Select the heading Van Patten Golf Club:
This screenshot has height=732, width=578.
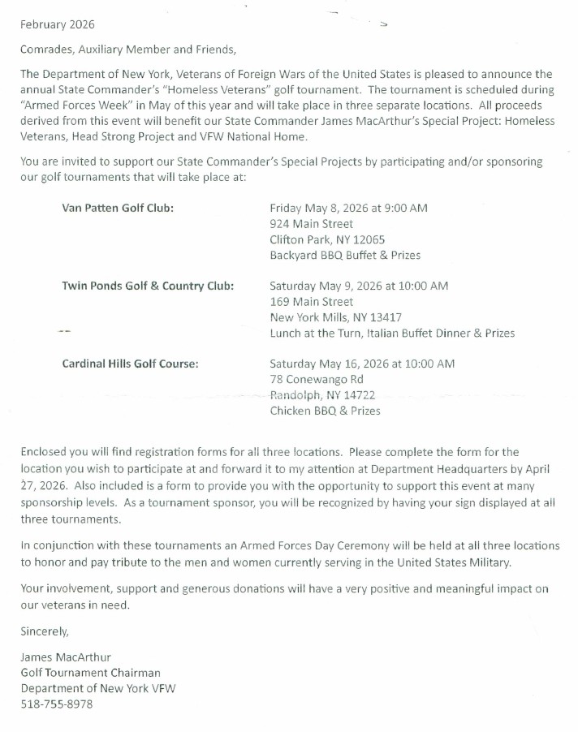pyautogui.click(x=118, y=208)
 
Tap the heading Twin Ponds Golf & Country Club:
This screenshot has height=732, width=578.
pyautogui.click(x=148, y=286)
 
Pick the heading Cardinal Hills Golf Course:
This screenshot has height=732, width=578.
pyautogui.click(x=130, y=364)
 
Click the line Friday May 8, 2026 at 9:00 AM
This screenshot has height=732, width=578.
pyautogui.click(x=348, y=208)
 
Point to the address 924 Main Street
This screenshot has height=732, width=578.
pyautogui.click(x=311, y=223)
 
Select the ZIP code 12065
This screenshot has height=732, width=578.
pyautogui.click(x=365, y=239)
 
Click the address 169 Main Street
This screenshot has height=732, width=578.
pyautogui.click(x=311, y=301)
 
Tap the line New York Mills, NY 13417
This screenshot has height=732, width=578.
pyautogui.click(x=335, y=317)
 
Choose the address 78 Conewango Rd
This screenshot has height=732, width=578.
pyautogui.click(x=317, y=379)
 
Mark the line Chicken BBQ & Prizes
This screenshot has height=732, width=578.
pyautogui.click(x=325, y=411)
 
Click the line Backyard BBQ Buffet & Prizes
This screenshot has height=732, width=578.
pyautogui.click(x=345, y=255)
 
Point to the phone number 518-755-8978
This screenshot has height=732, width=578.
pyautogui.click(x=57, y=704)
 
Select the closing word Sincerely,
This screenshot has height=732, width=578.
pyautogui.click(x=45, y=630)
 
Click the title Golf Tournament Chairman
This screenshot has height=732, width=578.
pyautogui.click(x=90, y=672)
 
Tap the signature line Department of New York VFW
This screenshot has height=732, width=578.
pyautogui.click(x=98, y=688)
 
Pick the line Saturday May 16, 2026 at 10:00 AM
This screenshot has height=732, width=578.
pyautogui.click(x=362, y=364)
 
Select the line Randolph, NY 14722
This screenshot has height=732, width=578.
pyautogui.click(x=322, y=394)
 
